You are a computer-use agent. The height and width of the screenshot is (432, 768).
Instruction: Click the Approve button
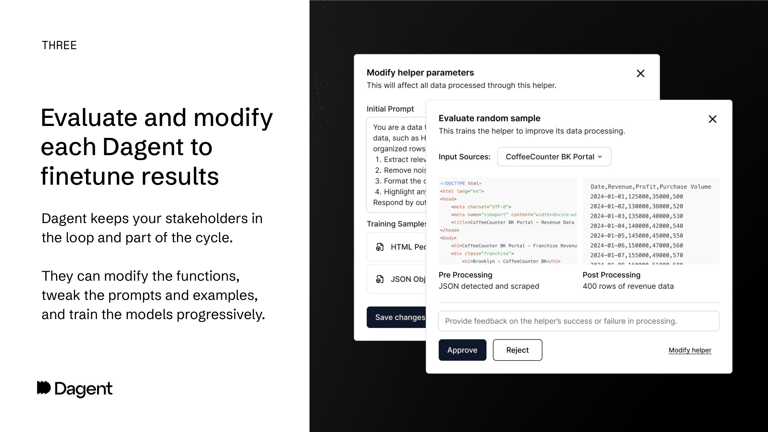[462, 350]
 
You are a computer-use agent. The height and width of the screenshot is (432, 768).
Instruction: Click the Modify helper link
[690, 350]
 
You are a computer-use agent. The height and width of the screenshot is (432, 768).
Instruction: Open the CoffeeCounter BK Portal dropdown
[554, 157]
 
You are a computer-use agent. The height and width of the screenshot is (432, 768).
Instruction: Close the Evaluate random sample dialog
[712, 119]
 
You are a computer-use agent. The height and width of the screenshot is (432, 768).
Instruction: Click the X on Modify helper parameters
[640, 73]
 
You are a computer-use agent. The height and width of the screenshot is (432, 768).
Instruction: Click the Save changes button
[397, 317]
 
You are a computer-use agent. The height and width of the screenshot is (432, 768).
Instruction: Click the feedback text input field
[578, 321]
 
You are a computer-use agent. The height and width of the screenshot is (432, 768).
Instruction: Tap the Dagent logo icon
[44, 388]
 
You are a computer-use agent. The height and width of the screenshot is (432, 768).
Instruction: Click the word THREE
[59, 45]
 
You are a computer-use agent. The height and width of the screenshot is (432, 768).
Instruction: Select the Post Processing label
[611, 275]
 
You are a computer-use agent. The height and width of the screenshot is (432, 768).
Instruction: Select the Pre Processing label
[465, 275]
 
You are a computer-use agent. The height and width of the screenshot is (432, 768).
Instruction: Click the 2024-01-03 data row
[636, 216]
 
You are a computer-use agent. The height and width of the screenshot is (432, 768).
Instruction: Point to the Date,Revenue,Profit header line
[650, 187]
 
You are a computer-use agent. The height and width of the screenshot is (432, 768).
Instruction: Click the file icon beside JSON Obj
[380, 279]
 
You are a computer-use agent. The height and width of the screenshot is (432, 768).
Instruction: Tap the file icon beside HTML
[380, 247]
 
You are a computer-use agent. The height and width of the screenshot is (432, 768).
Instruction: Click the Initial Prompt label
[390, 109]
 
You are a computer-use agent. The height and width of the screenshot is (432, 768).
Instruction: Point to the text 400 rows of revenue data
[628, 286]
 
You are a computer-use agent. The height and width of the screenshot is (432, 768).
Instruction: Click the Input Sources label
[464, 157]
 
